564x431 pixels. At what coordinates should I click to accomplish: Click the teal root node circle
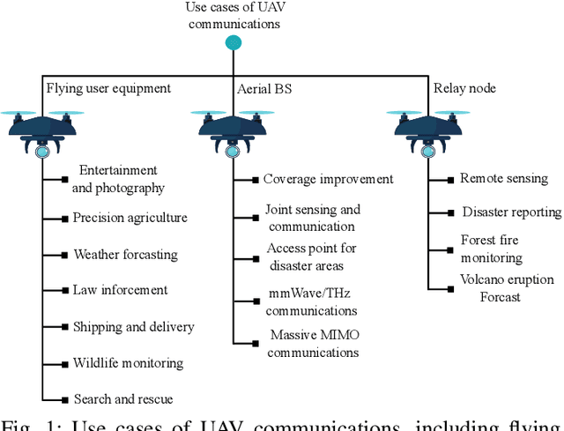click(233, 43)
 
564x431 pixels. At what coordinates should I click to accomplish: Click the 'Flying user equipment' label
click(108, 87)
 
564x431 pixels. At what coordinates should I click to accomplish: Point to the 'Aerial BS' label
click(264, 88)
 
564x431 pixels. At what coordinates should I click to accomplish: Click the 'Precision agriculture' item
click(130, 218)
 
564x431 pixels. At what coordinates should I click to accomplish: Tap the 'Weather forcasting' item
click(125, 255)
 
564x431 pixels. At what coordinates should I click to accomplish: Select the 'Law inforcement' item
click(120, 290)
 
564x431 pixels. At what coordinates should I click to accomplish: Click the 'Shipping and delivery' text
click(133, 327)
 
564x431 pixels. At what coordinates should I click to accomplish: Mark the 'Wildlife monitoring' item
click(128, 363)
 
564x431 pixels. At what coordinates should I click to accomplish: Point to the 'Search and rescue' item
click(122, 399)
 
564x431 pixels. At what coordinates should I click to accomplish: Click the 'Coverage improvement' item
click(328, 179)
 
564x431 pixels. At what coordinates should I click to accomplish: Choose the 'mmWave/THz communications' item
click(313, 302)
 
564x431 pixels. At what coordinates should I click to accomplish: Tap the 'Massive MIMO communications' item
click(315, 344)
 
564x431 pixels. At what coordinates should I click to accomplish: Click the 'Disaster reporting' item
click(511, 212)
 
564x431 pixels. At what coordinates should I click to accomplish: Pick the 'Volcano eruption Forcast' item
click(507, 288)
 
